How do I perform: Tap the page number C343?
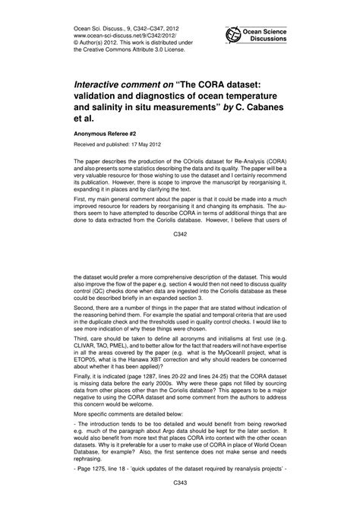coord(180,503)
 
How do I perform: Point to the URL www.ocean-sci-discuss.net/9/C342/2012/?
coord(115,34)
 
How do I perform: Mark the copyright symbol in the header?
coord(77,43)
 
